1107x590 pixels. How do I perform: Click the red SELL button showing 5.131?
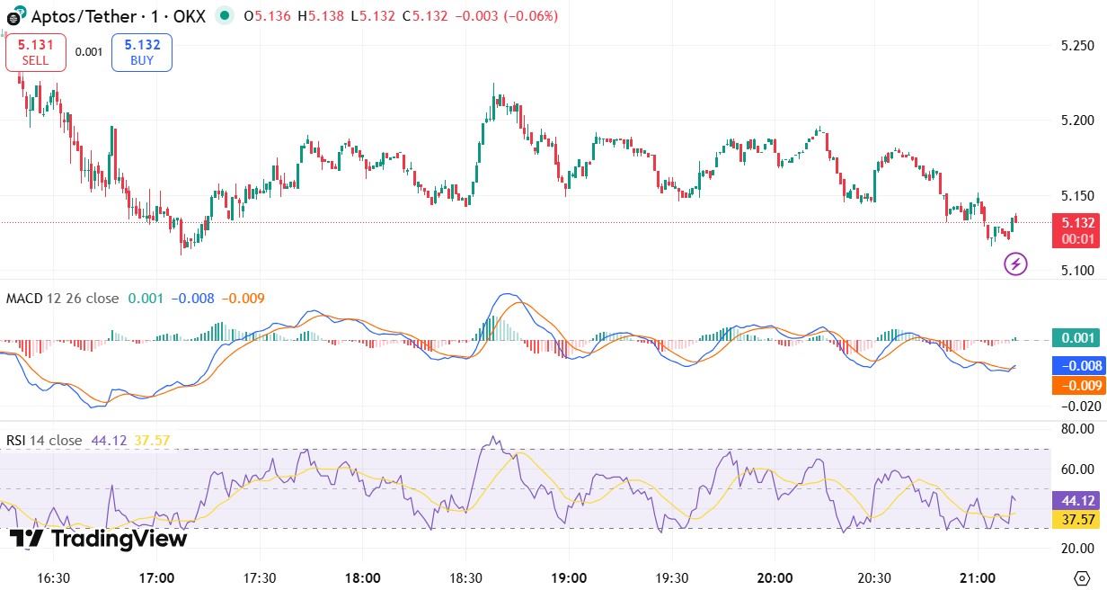click(36, 52)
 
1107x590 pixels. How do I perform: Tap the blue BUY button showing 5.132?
click(142, 52)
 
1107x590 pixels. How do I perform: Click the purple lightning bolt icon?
click(1015, 264)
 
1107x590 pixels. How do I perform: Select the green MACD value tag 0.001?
click(1077, 338)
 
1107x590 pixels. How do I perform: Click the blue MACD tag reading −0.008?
click(1077, 366)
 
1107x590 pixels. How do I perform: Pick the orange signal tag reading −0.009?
click(1077, 385)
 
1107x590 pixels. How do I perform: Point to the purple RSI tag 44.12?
click(1077, 501)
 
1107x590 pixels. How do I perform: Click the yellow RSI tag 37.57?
click(1077, 520)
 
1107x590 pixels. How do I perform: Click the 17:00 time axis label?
click(157, 577)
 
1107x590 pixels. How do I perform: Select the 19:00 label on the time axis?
click(569, 577)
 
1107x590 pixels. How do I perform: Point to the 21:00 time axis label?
click(978, 577)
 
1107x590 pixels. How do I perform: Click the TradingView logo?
click(99, 539)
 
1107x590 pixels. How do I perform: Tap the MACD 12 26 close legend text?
click(62, 299)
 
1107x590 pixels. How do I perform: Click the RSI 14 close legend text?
click(44, 441)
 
